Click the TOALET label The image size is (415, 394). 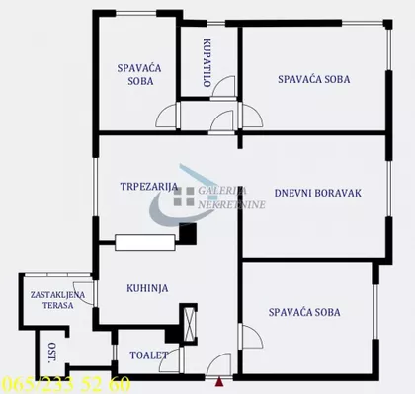point(139,354)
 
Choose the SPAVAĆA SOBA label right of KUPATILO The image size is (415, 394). point(313,78)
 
